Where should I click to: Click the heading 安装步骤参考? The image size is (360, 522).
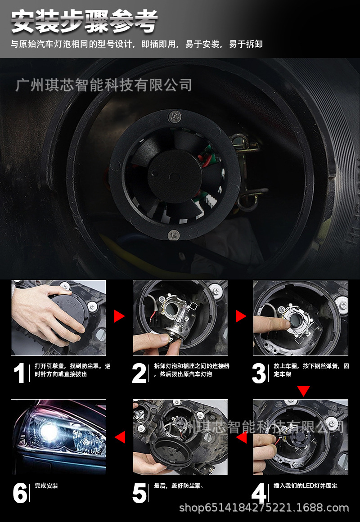pyautogui.click(x=84, y=22)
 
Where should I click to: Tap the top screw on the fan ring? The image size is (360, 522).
pyautogui.click(x=175, y=116)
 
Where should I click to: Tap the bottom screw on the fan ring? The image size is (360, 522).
pyautogui.click(x=174, y=235)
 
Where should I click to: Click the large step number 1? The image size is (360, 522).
pyautogui.click(x=19, y=373)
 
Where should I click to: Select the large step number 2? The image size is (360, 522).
pyautogui.click(x=139, y=373)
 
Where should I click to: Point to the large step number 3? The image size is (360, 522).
pyautogui.click(x=259, y=373)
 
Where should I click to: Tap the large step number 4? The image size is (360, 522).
pyautogui.click(x=259, y=493)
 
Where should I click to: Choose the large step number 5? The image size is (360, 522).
pyautogui.click(x=139, y=493)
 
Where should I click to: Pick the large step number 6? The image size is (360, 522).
pyautogui.click(x=20, y=493)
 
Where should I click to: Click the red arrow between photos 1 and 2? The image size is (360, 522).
pyautogui.click(x=119, y=316)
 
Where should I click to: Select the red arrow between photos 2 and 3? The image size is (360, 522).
pyautogui.click(x=240, y=316)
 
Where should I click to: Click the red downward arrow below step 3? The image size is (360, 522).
pyautogui.click(x=303, y=391)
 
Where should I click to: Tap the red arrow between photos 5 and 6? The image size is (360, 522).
pyautogui.click(x=120, y=437)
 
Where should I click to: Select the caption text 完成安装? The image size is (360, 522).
pyautogui.click(x=46, y=486)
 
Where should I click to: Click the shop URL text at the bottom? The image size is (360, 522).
pyautogui.click(x=264, y=508)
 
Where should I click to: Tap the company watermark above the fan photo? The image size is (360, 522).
pyautogui.click(x=103, y=85)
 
